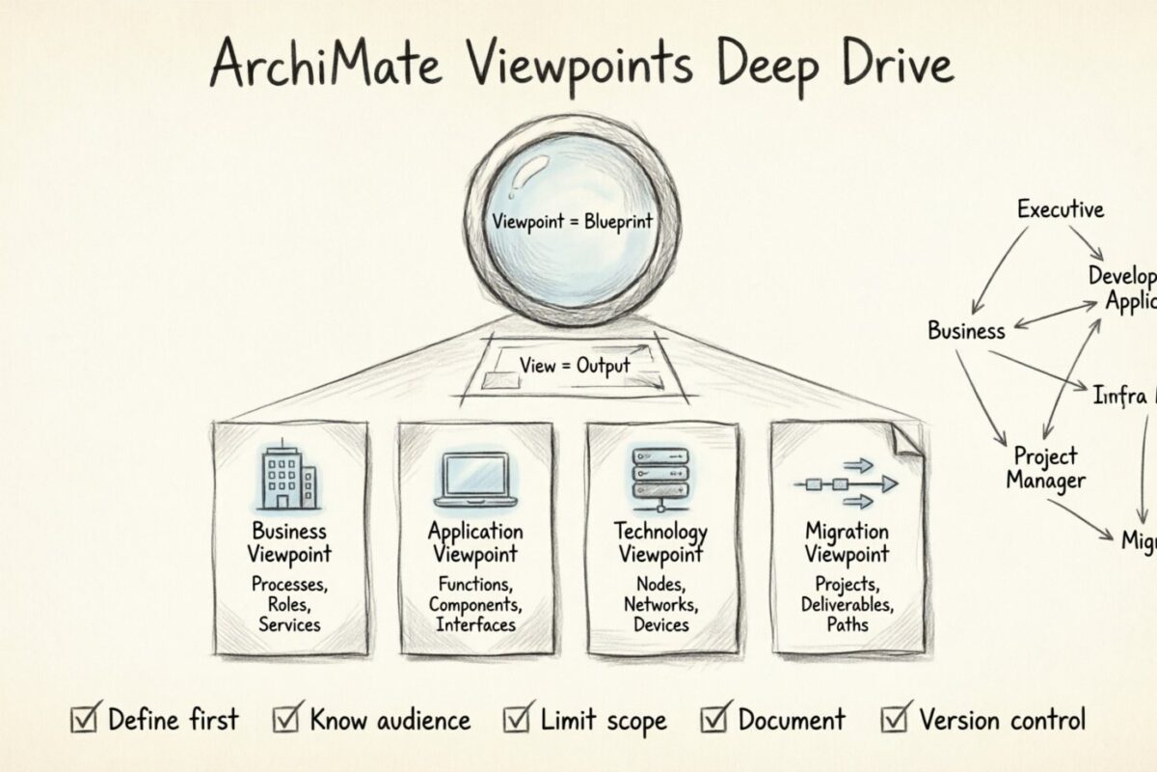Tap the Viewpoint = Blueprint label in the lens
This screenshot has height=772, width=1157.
[572, 221]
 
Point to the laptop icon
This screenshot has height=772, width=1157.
[475, 478]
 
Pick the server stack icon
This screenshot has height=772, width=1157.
[662, 475]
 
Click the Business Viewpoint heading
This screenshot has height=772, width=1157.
[289, 542]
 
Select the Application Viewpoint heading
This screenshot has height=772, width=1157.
[475, 542]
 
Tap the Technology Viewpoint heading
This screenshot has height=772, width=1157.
[661, 542]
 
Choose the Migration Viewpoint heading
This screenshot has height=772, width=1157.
[847, 542]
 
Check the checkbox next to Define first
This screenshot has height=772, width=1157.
[84, 720]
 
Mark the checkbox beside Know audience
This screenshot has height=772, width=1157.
[286, 720]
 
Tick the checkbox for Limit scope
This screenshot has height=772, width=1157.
[517, 720]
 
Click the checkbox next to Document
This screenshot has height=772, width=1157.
[714, 720]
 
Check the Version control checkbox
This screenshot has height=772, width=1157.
[896, 720]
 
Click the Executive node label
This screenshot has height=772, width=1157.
[1061, 208]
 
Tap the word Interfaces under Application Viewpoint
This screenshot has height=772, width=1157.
[475, 624]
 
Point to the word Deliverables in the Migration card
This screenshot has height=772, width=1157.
[848, 605]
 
